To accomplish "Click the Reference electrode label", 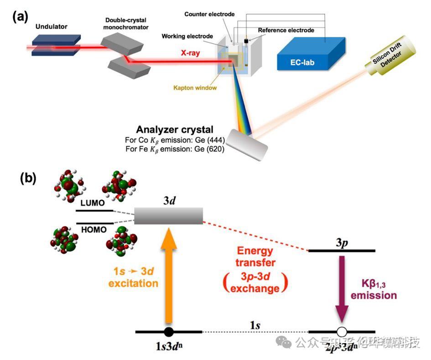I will [286, 31].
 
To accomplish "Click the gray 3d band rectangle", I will [168, 216].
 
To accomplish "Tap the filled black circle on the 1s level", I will [168, 332].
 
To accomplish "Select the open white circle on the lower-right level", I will [342, 332].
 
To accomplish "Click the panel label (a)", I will [21, 17].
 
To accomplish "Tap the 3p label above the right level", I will [342, 242].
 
